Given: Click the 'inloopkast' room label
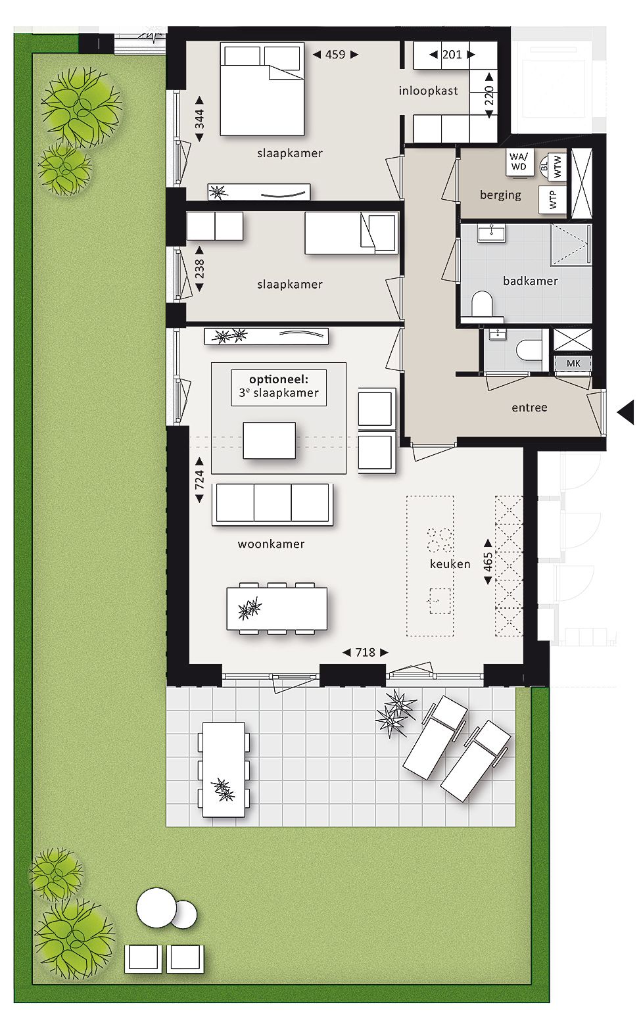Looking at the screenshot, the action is [428, 91].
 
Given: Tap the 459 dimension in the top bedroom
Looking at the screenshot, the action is [335, 55].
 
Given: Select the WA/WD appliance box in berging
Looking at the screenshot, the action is [519, 162].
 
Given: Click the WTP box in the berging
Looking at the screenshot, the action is [552, 199].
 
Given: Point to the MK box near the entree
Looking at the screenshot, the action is [573, 363].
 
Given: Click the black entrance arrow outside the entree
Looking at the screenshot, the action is [626, 412].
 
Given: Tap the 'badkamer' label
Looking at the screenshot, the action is [530, 281].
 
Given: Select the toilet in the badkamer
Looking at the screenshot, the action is [482, 304].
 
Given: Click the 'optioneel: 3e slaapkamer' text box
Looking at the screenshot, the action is [279, 387].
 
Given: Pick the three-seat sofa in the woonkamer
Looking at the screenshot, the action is [272, 504].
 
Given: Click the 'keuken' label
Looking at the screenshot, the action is [450, 564].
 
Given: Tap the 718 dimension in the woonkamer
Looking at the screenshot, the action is [366, 653].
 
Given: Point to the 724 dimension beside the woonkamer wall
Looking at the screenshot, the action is [199, 480].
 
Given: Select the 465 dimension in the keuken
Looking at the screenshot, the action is [488, 562].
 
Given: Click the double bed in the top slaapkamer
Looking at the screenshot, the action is [262, 89].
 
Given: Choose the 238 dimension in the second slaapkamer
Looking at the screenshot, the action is [199, 269].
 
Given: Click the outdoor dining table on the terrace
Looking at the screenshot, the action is [224, 769].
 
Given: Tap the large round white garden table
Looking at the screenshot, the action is [156, 906].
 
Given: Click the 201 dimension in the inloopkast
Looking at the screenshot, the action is [452, 55].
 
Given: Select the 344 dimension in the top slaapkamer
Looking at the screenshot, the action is [199, 119].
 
